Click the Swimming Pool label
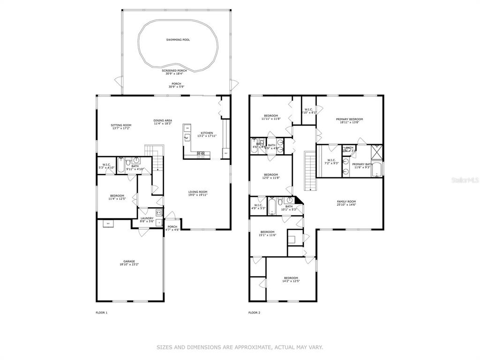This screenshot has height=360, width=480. (x=178, y=40)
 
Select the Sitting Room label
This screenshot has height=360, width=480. (x=121, y=125)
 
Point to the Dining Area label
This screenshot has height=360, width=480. (x=163, y=120)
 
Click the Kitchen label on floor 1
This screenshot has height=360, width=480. (x=207, y=133)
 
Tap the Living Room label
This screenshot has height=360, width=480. (x=198, y=192)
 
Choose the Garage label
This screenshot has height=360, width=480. (x=129, y=261)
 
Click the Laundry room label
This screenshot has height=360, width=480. (x=147, y=218)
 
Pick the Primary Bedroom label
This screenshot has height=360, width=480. (x=349, y=119)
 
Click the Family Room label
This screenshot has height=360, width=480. (x=346, y=202)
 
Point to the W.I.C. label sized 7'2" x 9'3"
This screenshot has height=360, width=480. (x=332, y=160)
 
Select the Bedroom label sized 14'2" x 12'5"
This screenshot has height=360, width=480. (x=291, y=278)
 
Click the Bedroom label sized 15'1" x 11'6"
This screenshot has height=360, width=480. (x=267, y=232)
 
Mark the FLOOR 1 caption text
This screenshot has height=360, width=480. (x=102, y=312)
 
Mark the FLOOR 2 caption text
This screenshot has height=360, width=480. (x=254, y=312)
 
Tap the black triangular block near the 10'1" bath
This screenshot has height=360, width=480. (x=299, y=201)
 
